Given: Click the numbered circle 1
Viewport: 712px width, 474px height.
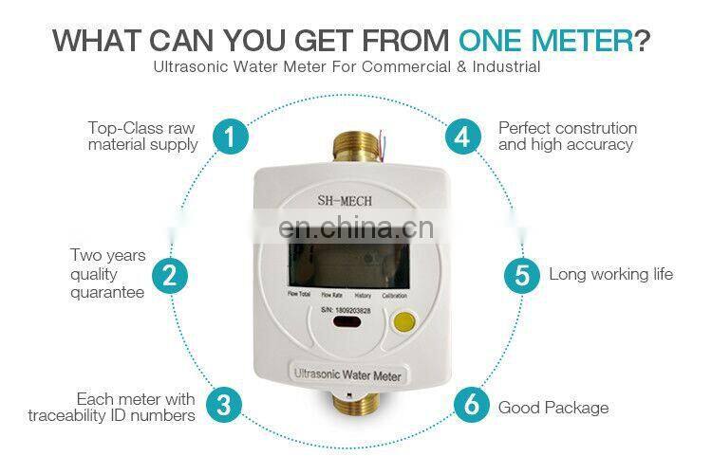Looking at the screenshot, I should [229, 137].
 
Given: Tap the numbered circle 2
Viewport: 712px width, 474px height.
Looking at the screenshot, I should [169, 275].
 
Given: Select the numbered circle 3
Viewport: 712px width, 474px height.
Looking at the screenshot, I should [223, 406].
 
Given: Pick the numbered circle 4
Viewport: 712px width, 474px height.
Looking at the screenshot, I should [462, 137].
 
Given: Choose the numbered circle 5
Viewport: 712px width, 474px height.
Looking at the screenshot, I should [521, 275].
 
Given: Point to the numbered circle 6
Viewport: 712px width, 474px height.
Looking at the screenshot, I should [471, 406].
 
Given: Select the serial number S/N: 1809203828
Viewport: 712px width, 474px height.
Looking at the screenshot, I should [345, 310].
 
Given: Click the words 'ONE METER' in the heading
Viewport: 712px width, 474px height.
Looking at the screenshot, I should [545, 41].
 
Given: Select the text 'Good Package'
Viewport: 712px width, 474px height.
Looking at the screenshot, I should [553, 408].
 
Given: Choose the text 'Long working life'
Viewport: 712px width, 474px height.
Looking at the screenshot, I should [610, 275].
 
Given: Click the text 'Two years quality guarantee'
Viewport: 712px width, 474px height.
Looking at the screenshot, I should [107, 274].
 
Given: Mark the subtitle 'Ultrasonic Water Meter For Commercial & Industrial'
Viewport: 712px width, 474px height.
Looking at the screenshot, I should [347, 68].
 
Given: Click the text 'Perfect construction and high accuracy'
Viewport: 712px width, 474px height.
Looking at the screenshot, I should [567, 137].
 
